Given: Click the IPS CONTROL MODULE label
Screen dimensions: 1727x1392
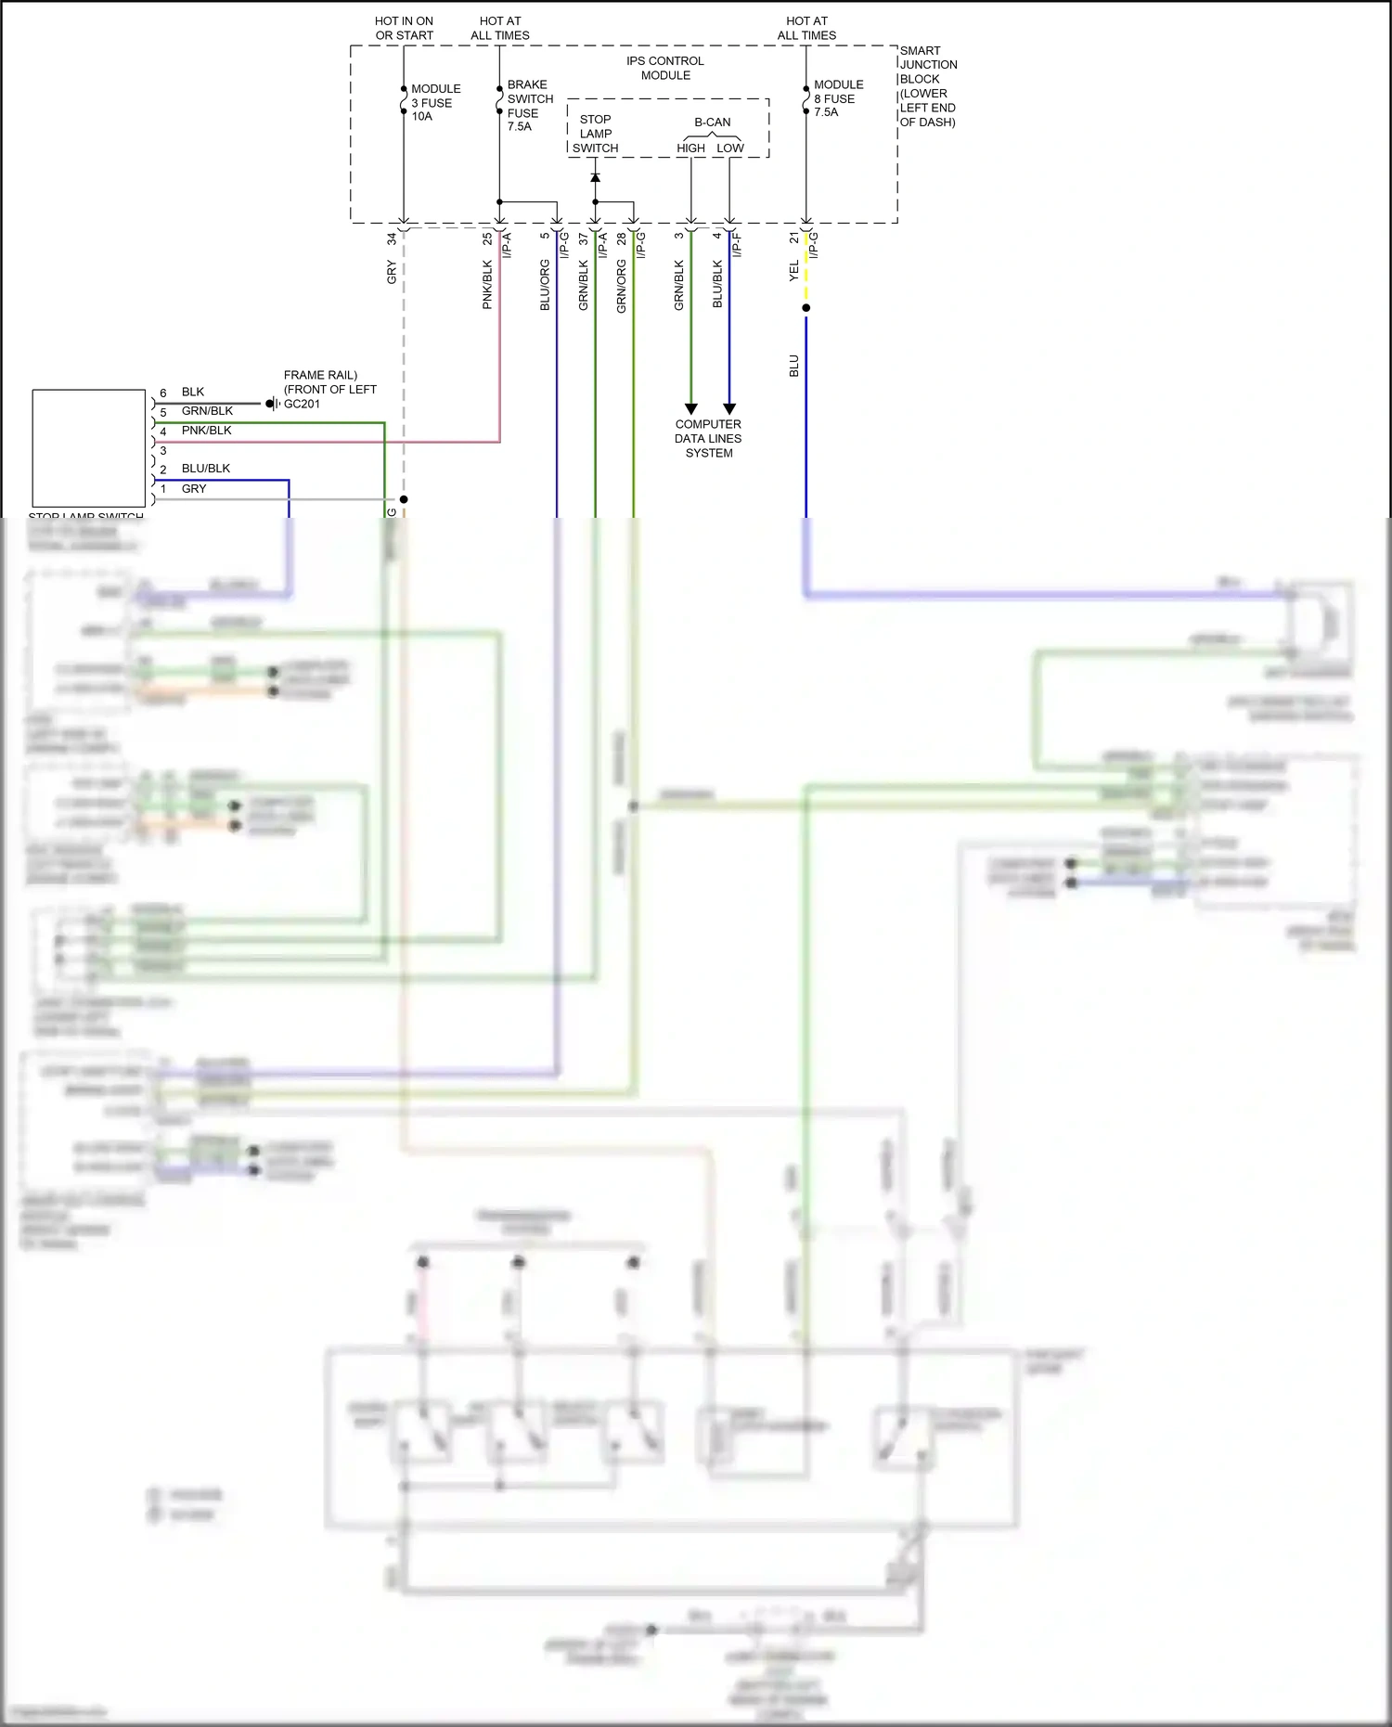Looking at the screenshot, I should pos(664,68).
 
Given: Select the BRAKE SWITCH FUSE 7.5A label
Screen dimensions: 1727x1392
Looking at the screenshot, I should pos(529,105).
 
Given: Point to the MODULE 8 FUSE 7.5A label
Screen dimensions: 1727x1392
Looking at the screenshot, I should pos(837,98).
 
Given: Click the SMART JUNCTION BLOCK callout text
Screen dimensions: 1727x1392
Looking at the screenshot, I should pos(927,86).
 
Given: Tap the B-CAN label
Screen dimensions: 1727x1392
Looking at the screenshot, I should pos(712,122).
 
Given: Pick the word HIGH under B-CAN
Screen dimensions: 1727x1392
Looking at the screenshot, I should pos(690,148).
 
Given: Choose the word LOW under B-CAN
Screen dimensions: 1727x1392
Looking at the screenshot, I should pos(729,148).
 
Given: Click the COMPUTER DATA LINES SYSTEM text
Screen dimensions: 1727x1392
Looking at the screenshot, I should pos(708,439).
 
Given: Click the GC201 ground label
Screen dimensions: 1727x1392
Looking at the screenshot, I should pos(302,405).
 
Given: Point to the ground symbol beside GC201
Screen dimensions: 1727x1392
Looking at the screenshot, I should pos(272,404).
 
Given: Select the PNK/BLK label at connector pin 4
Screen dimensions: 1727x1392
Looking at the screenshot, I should pos(206,431).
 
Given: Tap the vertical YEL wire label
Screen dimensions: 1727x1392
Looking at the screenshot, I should pos(794,271).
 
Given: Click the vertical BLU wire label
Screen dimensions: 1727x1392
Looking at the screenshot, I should pos(794,366).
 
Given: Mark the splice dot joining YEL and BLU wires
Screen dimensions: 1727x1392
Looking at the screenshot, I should pos(806,308).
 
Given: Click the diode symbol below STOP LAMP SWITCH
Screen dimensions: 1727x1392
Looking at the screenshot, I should pos(595,177).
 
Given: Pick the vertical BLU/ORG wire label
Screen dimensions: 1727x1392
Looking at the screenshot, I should pos(545,285).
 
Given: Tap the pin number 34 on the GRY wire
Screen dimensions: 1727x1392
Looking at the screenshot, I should pos(392,238).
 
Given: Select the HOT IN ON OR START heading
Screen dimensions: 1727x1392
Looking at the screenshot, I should pos(404,28).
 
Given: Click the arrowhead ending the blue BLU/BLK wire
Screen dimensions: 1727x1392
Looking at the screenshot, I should pos(729,408).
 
